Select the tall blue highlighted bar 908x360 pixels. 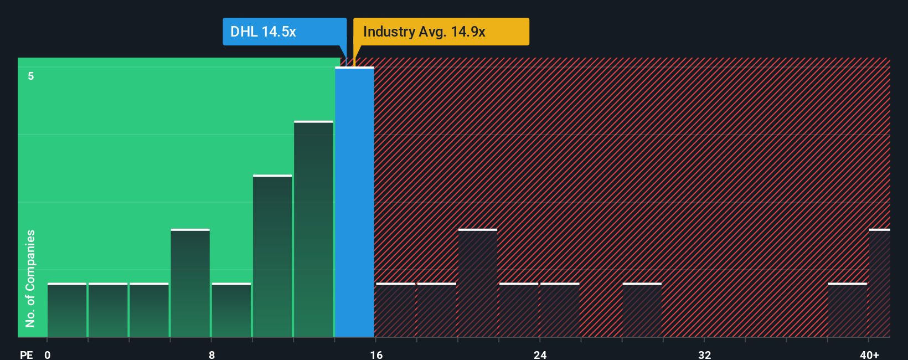354,202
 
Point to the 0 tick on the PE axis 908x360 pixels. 48,354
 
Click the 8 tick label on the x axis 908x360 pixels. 211,354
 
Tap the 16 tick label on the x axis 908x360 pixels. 376,354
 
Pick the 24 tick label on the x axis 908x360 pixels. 540,354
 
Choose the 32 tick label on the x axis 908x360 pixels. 704,354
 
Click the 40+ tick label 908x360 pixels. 869,354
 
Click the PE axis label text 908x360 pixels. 26,354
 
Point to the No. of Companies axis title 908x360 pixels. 30,278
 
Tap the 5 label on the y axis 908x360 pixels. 31,76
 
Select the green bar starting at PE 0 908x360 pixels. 67,310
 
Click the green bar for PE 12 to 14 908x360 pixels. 313,229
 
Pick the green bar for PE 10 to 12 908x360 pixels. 272,256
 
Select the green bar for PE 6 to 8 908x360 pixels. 190,283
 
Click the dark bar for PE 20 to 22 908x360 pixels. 478,283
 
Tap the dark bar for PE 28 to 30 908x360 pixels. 642,310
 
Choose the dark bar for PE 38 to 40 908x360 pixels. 847,310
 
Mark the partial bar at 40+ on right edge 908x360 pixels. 880,283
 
